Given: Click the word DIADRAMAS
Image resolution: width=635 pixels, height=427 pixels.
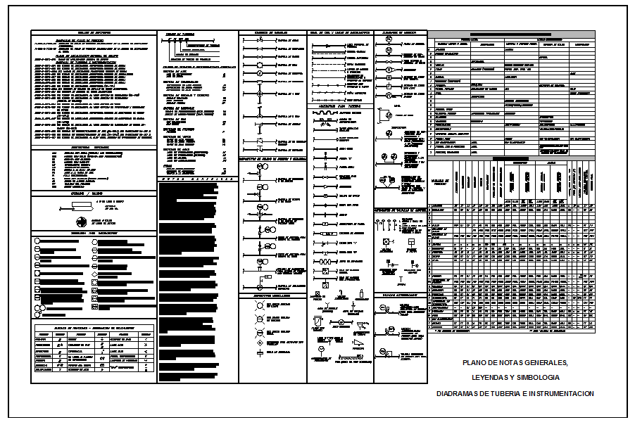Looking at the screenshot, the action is [459, 394].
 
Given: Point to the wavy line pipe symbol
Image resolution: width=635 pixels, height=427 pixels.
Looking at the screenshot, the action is [325, 112].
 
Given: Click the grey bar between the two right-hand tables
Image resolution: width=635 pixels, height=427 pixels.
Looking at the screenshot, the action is [512, 158].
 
